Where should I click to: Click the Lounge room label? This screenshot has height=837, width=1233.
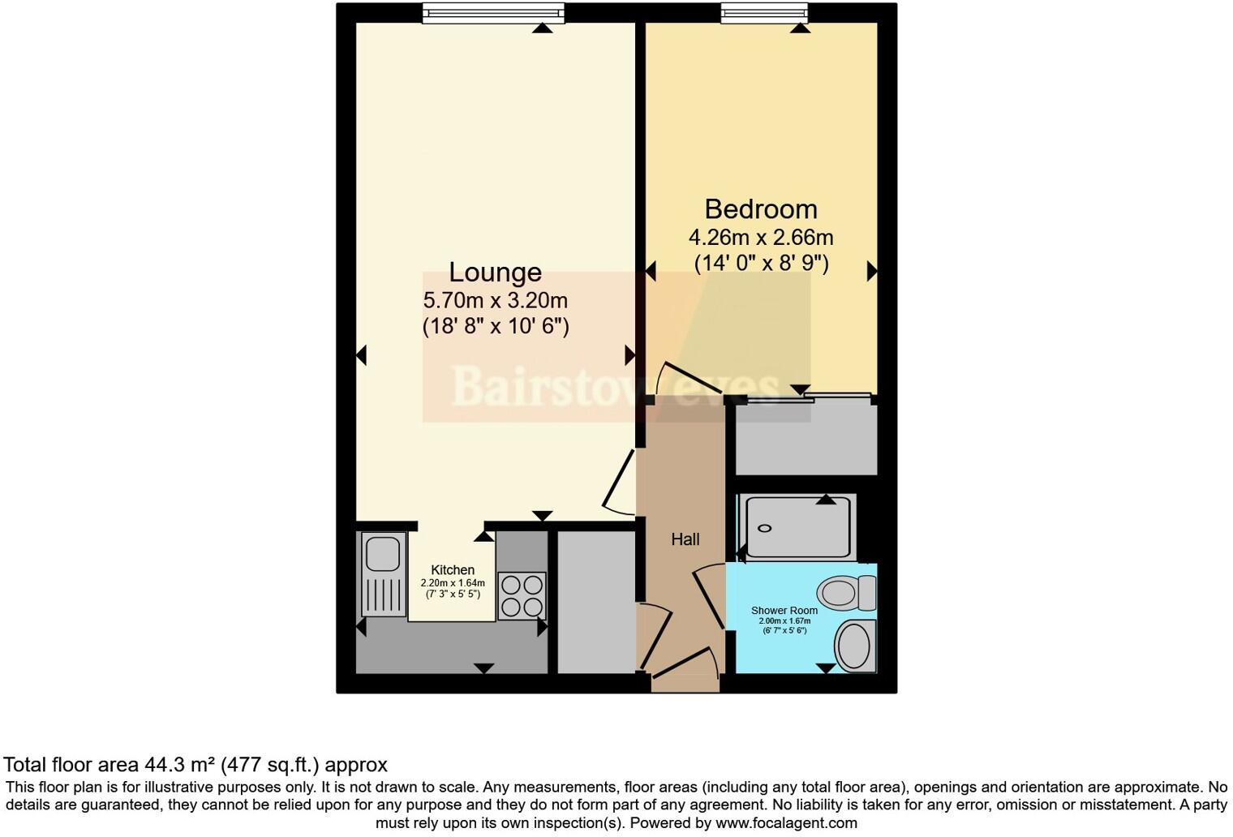[495, 273]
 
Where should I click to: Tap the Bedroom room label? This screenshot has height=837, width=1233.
[760, 209]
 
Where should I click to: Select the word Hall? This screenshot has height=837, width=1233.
[685, 539]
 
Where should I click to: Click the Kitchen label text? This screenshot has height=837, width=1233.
[452, 570]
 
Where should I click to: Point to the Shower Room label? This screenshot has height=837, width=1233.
[784, 611]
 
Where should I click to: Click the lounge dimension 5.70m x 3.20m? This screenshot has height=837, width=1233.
[495, 301]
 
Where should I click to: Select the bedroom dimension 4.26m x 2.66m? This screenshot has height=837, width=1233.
[760, 238]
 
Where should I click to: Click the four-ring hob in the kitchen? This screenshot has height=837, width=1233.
[522, 596]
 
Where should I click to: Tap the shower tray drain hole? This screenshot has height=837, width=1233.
[765, 528]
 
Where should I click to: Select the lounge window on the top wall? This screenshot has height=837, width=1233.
[493, 12]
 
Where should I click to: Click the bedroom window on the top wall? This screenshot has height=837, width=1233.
[764, 12]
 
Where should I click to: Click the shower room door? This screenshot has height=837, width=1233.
[708, 596]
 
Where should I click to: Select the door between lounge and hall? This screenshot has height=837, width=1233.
[620, 482]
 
